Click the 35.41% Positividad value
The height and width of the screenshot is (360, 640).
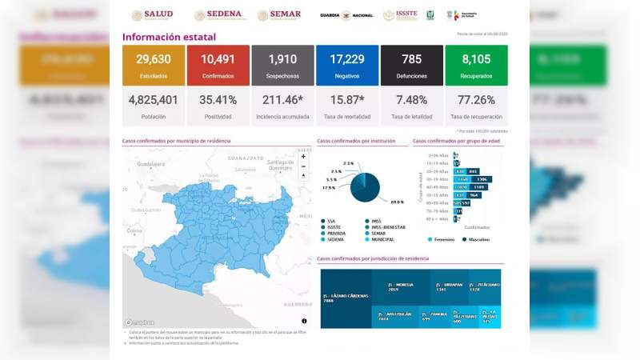[218, 100]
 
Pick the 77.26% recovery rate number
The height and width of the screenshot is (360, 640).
[475, 100]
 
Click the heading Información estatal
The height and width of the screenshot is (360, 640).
[169, 37]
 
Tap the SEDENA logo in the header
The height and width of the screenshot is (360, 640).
[218, 15]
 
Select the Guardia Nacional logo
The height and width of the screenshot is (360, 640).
[346, 15]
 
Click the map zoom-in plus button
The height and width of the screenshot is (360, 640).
[303, 157]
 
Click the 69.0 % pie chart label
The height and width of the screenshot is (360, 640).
[396, 202]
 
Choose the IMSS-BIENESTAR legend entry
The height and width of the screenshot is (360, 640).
[389, 227]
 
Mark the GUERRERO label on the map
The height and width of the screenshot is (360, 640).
[297, 304]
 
